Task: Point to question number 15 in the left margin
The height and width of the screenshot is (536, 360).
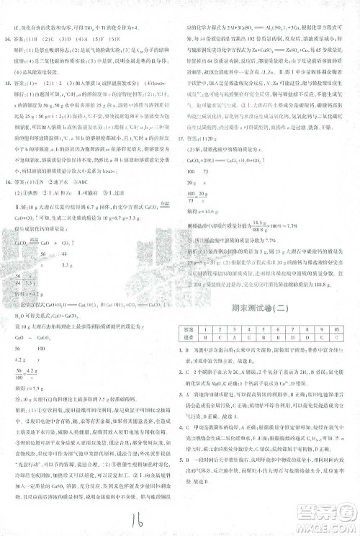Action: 11,82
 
